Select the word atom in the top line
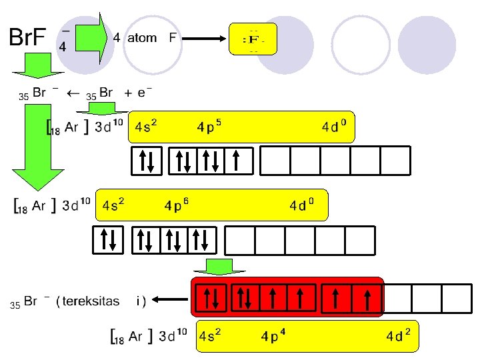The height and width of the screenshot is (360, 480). click(x=142, y=38)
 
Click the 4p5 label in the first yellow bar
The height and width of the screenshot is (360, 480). click(x=209, y=126)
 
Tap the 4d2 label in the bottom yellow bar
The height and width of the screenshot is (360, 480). click(x=398, y=336)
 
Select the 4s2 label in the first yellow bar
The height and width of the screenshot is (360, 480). click(x=145, y=126)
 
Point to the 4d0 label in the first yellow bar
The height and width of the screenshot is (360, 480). click(x=334, y=126)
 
